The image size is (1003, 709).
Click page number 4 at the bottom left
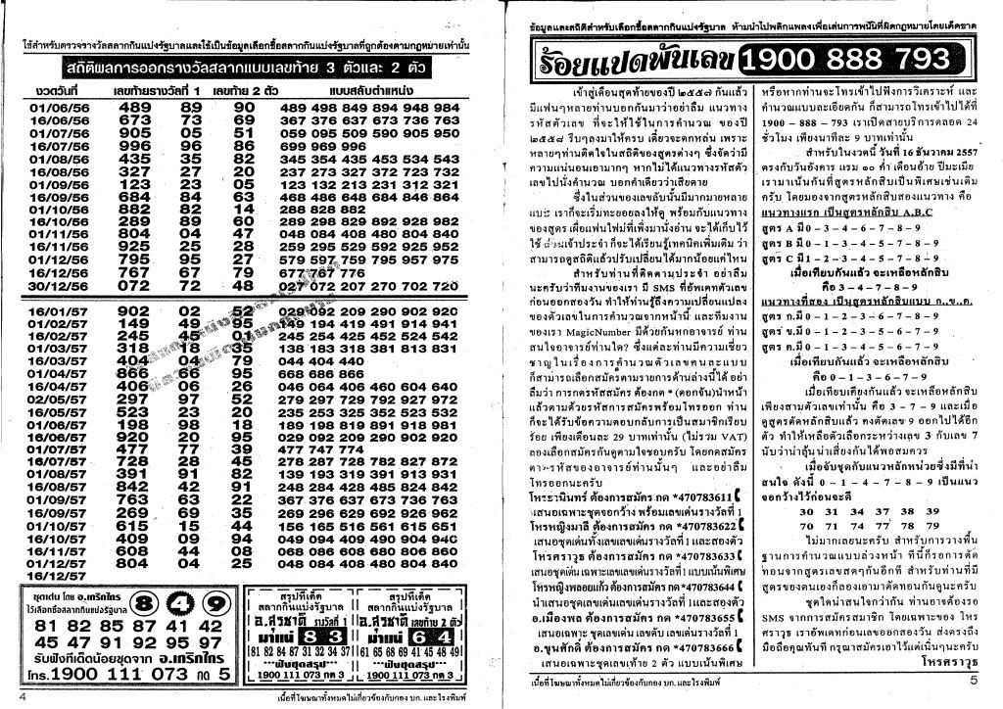click(x=21, y=697)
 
